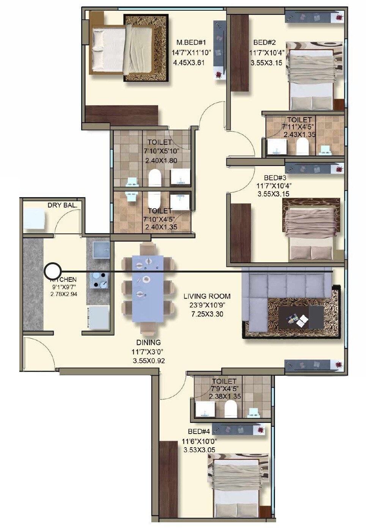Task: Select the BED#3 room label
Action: [275, 177]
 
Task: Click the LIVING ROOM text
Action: [207, 296]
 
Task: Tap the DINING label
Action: [148, 342]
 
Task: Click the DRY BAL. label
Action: [62, 205]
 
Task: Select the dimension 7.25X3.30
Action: [207, 314]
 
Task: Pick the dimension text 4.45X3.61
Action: [188, 63]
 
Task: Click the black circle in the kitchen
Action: [53, 271]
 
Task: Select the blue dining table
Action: [148, 288]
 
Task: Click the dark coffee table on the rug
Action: [301, 317]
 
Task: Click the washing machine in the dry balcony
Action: [34, 219]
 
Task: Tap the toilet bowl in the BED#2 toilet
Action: [302, 146]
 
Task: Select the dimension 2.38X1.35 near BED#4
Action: [225, 396]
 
